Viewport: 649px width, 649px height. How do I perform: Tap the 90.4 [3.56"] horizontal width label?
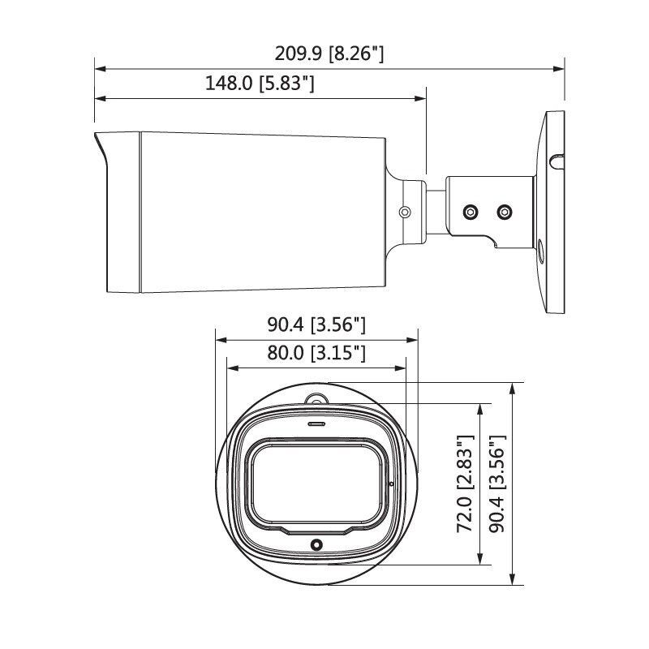point(316,325)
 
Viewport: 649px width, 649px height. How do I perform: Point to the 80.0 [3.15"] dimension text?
point(316,353)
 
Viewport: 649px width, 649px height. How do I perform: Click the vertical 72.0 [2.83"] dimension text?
point(465,484)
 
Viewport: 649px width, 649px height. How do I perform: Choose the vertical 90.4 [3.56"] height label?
point(496,484)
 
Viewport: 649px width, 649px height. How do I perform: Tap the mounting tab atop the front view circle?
point(316,400)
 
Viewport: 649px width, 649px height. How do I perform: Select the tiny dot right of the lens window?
point(392,484)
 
